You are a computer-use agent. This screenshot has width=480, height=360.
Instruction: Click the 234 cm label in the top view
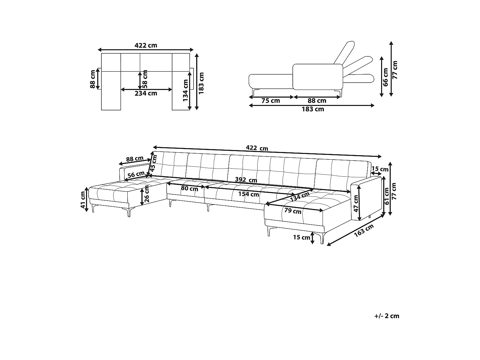[x=146, y=93]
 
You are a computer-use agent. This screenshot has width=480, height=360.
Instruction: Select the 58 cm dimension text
[x=145, y=79]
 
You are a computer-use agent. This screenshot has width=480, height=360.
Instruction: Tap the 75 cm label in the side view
[x=271, y=101]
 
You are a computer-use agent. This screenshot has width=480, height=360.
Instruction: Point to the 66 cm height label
[x=386, y=77]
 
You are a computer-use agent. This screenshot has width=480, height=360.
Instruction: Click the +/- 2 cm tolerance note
[x=387, y=316]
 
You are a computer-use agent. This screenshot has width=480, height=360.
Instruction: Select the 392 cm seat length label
[x=246, y=180]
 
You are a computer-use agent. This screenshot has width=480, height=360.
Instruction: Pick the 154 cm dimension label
[x=249, y=194]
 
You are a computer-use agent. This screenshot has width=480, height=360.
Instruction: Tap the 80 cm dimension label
[x=189, y=188]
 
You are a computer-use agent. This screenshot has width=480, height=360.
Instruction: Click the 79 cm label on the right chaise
[x=293, y=211]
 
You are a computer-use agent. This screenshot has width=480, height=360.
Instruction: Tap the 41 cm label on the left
[x=84, y=200]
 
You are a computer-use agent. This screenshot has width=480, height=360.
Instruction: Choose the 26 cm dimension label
[x=147, y=194]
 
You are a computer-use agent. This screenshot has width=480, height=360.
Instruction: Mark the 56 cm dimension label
[x=136, y=174]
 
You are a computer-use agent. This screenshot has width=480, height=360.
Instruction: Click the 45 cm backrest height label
[x=154, y=163]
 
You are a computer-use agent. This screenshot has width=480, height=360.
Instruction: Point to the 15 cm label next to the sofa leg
[x=302, y=237]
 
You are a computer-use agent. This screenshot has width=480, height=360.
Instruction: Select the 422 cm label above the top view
[x=146, y=45]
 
